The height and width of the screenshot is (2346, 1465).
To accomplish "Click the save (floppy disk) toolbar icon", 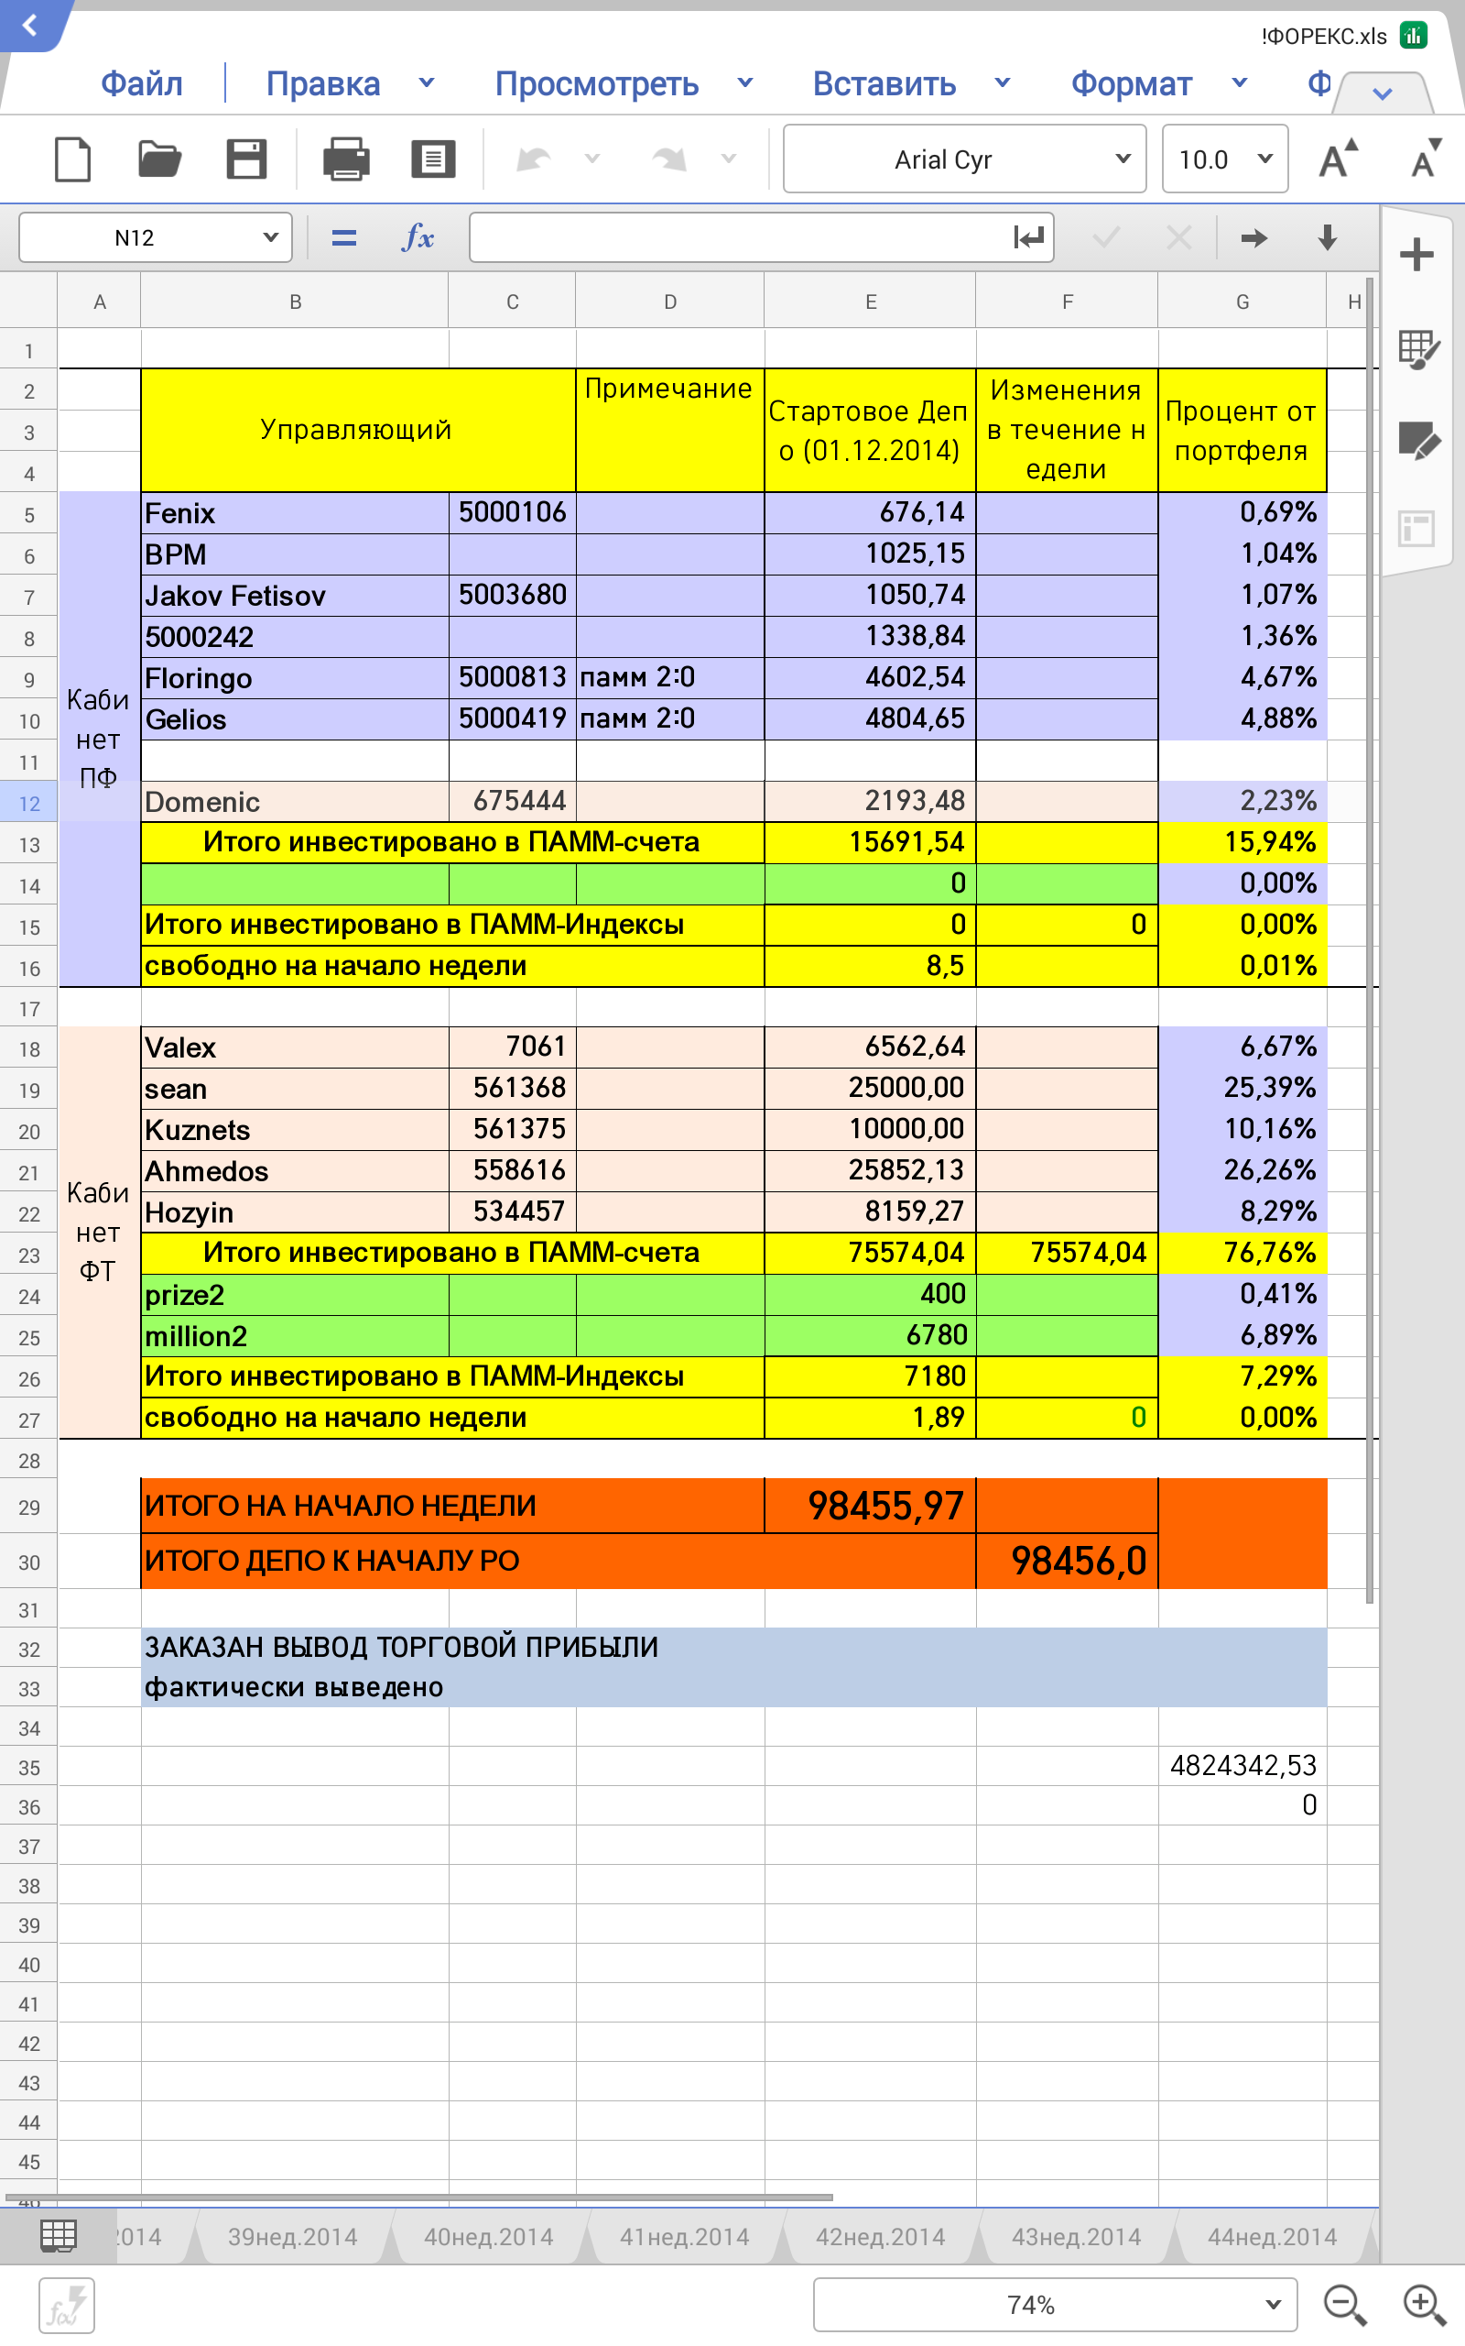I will click(x=246, y=159).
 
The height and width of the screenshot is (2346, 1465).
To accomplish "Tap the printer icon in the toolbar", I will click(x=346, y=159).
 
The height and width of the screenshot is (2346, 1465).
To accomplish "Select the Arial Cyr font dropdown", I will click(x=963, y=159).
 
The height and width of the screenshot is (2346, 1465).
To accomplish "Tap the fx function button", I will click(x=418, y=237).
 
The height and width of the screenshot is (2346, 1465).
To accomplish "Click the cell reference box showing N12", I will click(x=155, y=237).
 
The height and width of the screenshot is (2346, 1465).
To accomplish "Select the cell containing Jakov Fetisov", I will click(x=294, y=596).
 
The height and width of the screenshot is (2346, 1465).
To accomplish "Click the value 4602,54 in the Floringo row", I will click(x=914, y=676).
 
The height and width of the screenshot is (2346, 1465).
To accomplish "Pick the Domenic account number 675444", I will click(x=518, y=801).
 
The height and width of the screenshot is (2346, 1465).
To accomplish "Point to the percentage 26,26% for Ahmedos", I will click(x=1268, y=1170).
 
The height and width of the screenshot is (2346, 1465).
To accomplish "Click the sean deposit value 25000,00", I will click(x=905, y=1088).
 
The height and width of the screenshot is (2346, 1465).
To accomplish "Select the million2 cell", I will click(x=294, y=1336).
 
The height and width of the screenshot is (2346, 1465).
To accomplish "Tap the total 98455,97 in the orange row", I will click(x=884, y=1506).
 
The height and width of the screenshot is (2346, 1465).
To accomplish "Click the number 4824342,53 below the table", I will click(x=1243, y=1765).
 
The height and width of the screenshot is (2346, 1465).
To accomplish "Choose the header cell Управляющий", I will click(x=356, y=430).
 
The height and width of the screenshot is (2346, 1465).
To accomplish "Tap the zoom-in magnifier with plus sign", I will click(x=1423, y=2305).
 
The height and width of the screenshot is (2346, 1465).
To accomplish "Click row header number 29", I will click(x=29, y=1507).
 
